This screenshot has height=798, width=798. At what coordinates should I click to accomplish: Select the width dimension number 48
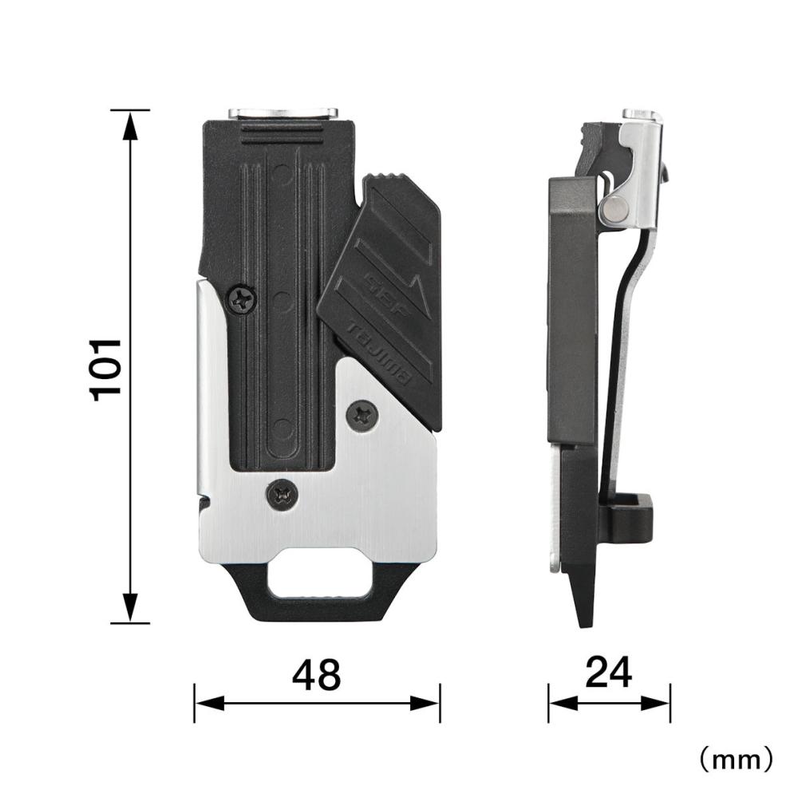coord(316,675)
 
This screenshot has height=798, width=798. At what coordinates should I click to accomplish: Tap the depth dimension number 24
coord(609,672)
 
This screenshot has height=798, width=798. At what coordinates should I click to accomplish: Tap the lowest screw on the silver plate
coord(282,494)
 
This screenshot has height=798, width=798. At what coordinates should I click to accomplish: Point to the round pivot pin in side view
coord(614,209)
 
